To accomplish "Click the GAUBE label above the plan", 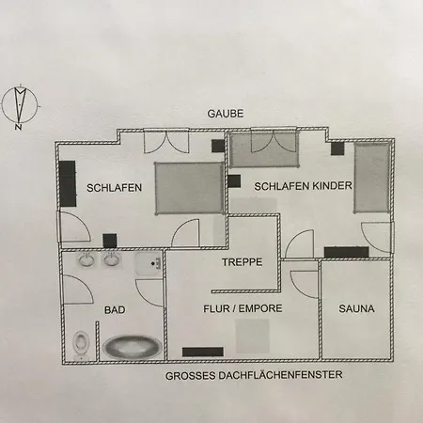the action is click(x=226, y=114).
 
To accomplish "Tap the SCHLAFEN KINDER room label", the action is click(x=303, y=186).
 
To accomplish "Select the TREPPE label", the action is click(x=243, y=262).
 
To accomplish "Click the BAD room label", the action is click(x=115, y=310).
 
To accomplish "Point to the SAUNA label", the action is click(x=356, y=308).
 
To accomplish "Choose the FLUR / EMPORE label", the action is click(x=243, y=308).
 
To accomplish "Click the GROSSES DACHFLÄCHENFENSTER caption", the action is click(x=254, y=375).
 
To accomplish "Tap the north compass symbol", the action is click(x=20, y=105).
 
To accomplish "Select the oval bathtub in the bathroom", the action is click(x=133, y=347).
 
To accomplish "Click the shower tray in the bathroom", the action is click(x=149, y=264).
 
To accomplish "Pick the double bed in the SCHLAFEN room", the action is click(x=190, y=188).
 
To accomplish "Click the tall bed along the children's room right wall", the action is click(x=372, y=178).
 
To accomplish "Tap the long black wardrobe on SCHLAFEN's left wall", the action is click(x=68, y=183).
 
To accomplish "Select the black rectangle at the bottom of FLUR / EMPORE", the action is click(x=203, y=352).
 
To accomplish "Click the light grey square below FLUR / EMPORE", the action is click(x=252, y=337).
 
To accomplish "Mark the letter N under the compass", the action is click(x=18, y=127).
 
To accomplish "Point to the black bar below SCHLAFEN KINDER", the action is click(x=347, y=252).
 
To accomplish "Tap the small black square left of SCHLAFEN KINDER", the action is click(x=234, y=181).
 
